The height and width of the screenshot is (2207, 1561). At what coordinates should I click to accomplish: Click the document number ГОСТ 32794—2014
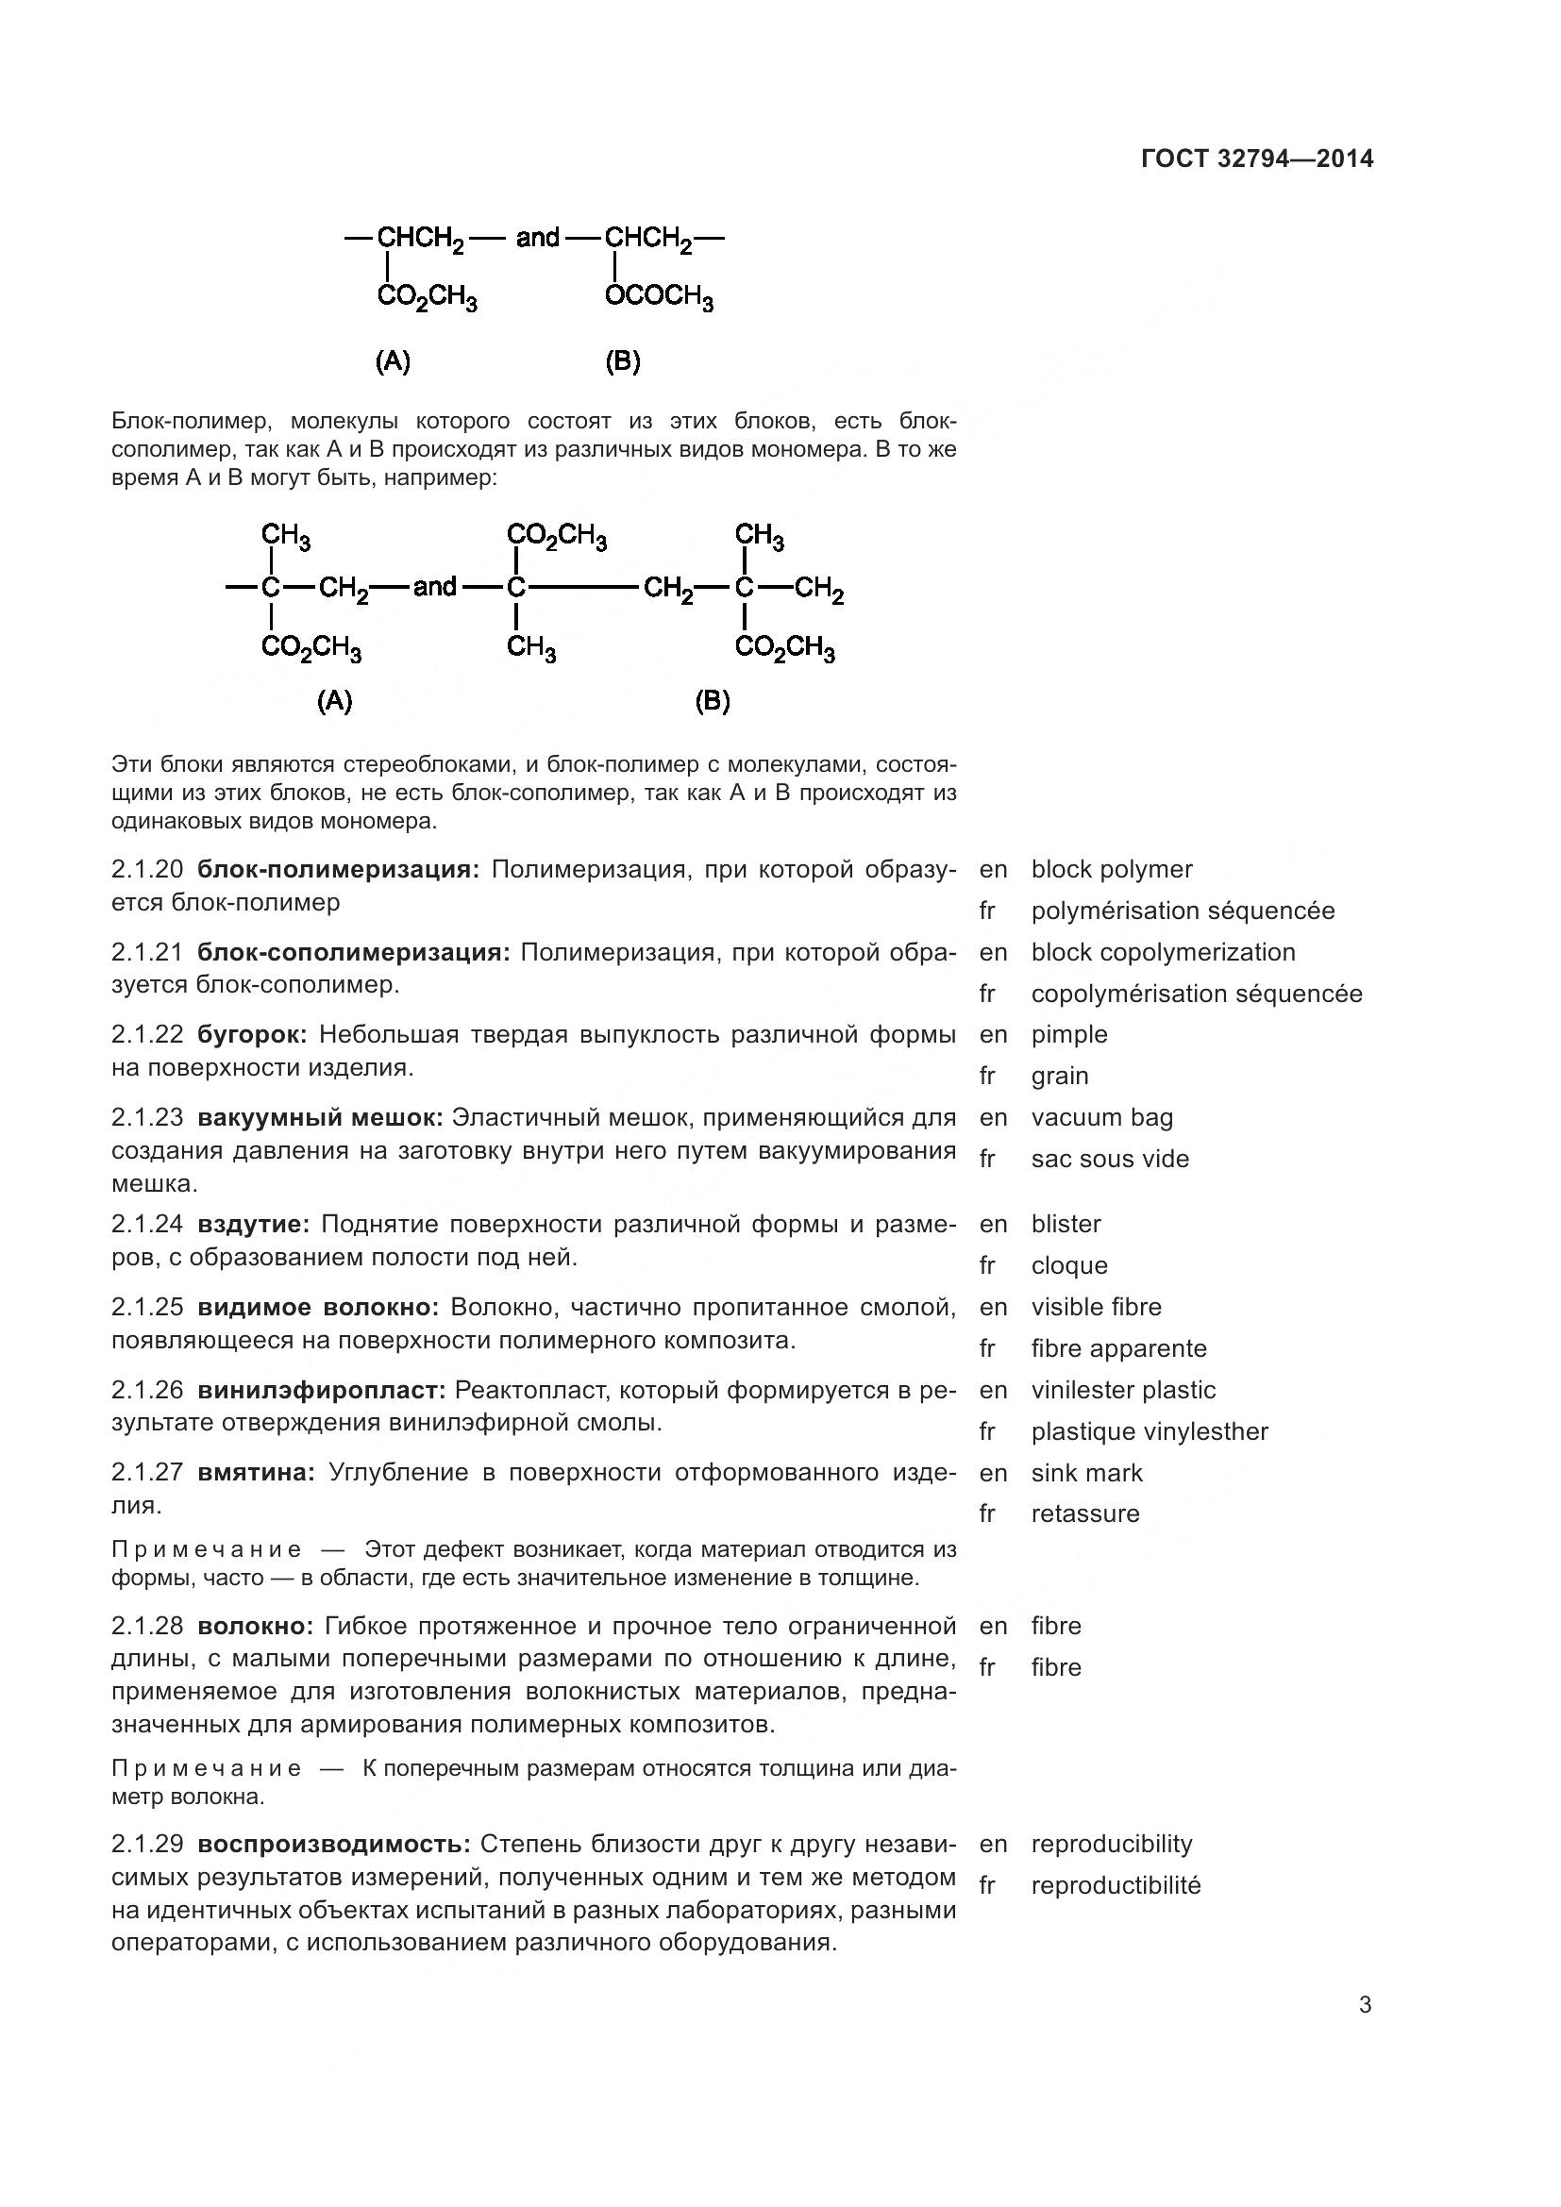click(1256, 159)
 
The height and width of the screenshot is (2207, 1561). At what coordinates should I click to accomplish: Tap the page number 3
click(1365, 2005)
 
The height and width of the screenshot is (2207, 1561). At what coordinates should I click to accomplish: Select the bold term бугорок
click(252, 1034)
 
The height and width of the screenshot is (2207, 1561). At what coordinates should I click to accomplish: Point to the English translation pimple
click(1069, 1034)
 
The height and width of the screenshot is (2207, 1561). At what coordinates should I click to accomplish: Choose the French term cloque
click(1069, 1265)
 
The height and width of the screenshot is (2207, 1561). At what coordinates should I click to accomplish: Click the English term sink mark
click(1086, 1473)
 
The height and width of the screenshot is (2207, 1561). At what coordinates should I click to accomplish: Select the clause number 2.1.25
click(147, 1307)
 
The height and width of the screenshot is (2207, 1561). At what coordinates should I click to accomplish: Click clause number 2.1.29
click(147, 1844)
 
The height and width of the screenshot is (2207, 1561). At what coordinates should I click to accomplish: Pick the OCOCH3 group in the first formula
click(660, 297)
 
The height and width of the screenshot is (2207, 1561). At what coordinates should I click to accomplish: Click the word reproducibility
click(1111, 1844)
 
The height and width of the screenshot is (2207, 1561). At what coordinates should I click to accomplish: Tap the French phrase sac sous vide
click(1110, 1159)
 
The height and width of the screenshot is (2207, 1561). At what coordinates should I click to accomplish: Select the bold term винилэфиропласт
click(322, 1390)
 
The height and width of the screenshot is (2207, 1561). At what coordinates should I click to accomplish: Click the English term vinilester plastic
click(1123, 1390)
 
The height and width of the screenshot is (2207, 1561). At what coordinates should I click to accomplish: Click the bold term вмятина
click(256, 1473)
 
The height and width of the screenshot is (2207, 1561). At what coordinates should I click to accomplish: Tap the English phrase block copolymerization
click(1163, 952)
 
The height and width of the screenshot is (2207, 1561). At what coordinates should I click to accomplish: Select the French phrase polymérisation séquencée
click(1183, 911)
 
